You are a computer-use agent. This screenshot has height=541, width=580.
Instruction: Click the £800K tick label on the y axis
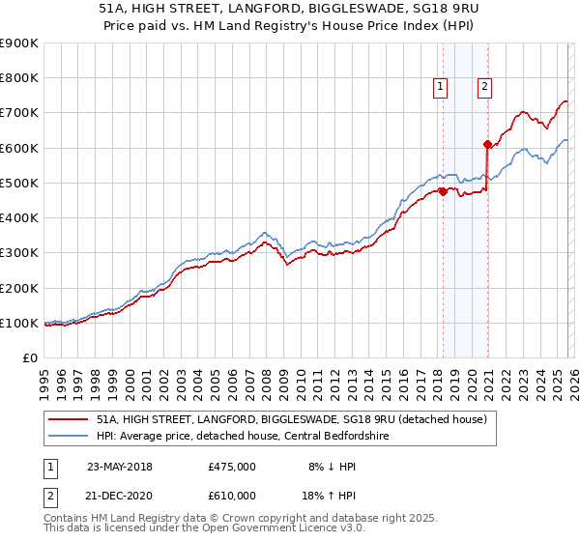coord(19,78)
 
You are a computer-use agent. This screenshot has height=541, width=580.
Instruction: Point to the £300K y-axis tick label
coord(19,253)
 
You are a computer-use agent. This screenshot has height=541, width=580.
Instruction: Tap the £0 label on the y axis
coord(30,357)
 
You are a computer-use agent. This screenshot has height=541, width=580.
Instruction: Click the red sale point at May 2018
coord(443,191)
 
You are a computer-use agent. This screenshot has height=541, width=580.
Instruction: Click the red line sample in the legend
coord(69,419)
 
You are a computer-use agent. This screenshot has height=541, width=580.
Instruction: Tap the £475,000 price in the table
coord(232,467)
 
